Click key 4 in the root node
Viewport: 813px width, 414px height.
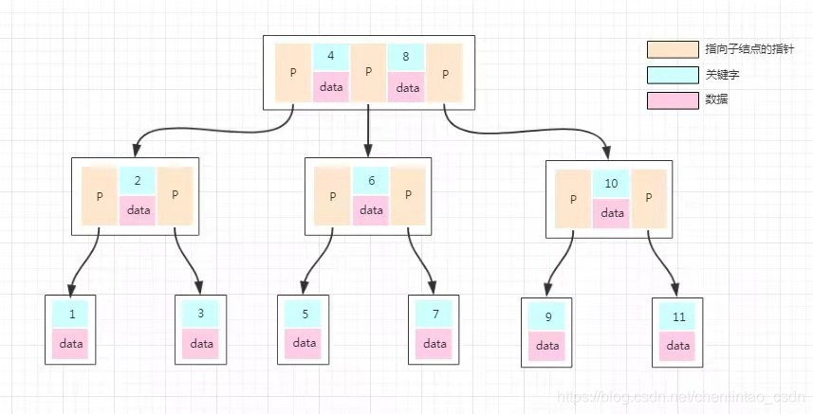(x=330, y=57)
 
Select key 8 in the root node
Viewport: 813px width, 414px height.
(x=406, y=57)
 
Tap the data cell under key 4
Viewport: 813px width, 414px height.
(x=330, y=86)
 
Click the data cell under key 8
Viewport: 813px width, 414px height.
(x=406, y=86)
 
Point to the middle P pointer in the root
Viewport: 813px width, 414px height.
(x=368, y=72)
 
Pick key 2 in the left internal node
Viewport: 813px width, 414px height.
(x=138, y=180)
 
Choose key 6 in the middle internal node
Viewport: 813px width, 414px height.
(x=371, y=180)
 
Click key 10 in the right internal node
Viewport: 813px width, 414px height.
(x=612, y=184)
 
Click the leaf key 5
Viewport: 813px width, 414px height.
(x=304, y=314)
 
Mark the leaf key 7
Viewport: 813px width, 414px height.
(x=434, y=314)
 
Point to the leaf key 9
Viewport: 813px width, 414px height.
(x=546, y=316)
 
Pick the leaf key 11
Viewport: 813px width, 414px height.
(x=677, y=316)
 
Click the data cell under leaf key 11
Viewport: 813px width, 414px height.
(x=677, y=346)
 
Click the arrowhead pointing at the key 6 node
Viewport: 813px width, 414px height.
(x=368, y=151)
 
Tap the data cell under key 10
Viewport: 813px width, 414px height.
(x=612, y=213)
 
